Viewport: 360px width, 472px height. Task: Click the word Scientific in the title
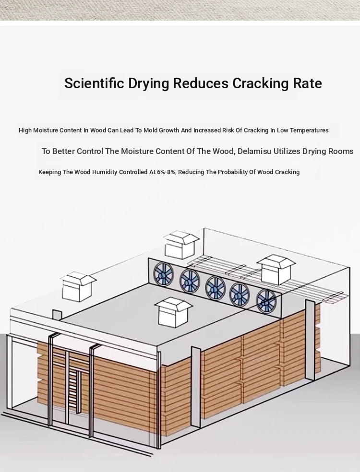pyautogui.click(x=94, y=83)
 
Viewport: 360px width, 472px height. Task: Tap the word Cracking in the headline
pyautogui.click(x=261, y=83)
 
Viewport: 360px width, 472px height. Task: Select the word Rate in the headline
pyautogui.click(x=307, y=83)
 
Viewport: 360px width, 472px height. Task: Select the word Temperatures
pyautogui.click(x=309, y=130)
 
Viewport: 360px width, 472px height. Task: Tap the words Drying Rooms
pyautogui.click(x=328, y=152)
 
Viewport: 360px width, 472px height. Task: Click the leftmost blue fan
pyautogui.click(x=163, y=274)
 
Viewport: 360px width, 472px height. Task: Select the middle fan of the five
pyautogui.click(x=216, y=288)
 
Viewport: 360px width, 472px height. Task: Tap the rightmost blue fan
pyautogui.click(x=266, y=302)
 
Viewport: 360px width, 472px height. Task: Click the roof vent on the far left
pyautogui.click(x=78, y=286)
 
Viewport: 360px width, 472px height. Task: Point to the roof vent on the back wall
pyautogui.click(x=181, y=245)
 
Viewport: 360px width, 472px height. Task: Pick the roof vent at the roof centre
pyautogui.click(x=173, y=312)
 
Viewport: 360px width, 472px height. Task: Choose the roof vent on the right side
pyautogui.click(x=276, y=270)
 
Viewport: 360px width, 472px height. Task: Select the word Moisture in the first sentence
pyautogui.click(x=46, y=130)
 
